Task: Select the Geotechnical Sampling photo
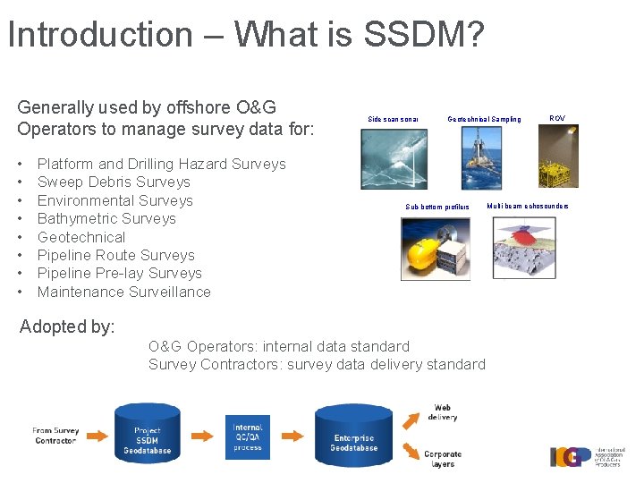point(484,157)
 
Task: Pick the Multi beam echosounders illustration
point(523,248)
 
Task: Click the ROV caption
point(556,118)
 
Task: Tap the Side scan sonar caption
point(393,119)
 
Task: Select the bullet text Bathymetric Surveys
point(106,218)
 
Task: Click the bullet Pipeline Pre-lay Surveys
point(119,273)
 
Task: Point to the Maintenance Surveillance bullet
point(123,292)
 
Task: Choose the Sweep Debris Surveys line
point(114,182)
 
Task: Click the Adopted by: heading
point(67,326)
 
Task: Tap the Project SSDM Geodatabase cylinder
point(148,435)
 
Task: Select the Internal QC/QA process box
point(248,436)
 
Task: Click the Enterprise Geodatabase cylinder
point(354,436)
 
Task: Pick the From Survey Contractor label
point(55,436)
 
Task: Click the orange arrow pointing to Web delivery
point(413,419)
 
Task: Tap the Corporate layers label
point(443,459)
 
